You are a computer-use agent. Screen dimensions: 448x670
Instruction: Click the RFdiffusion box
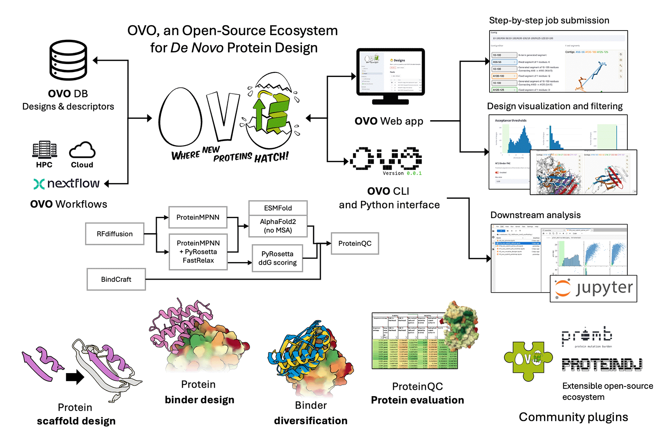(x=115, y=234)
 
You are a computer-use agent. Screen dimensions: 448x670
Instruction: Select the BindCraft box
(x=116, y=279)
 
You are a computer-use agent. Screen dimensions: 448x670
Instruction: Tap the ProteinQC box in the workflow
(x=355, y=243)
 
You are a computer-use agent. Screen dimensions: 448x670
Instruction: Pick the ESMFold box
(x=278, y=208)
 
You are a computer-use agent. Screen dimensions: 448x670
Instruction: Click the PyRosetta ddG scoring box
(x=277, y=258)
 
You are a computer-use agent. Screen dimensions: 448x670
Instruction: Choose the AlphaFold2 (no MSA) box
(x=278, y=226)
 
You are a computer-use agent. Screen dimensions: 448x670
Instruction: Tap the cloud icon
(x=82, y=150)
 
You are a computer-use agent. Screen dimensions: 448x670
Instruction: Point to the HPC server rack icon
(x=44, y=149)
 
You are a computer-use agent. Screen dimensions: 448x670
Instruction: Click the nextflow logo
(x=67, y=183)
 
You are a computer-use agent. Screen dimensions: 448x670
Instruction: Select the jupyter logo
(x=593, y=288)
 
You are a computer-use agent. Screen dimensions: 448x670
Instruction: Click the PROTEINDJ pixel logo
(x=602, y=365)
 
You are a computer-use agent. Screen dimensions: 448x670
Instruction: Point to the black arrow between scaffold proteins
(x=75, y=377)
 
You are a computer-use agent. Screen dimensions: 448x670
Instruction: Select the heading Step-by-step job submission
(x=549, y=21)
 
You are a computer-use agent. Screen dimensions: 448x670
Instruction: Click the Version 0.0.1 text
(x=402, y=173)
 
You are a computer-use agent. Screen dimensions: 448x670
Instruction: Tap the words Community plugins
(x=573, y=417)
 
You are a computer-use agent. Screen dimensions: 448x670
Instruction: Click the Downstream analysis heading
(x=535, y=215)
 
